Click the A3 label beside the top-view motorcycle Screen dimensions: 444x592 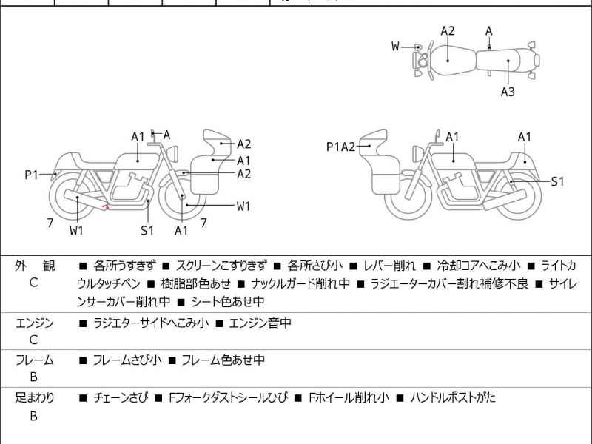coord(508,92)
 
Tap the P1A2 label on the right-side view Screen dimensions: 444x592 coord(341,147)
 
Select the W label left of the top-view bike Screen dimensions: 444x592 coord(396,47)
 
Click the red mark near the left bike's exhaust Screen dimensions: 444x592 coord(107,207)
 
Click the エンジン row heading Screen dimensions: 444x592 coord(34,323)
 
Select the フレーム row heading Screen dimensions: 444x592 coord(34,360)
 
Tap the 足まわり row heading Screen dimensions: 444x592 coord(34,397)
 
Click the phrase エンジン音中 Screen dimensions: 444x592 coord(260,323)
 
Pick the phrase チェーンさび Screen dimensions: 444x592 coord(120,397)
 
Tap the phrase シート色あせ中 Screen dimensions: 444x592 coord(227,301)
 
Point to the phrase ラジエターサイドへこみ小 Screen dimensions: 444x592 coord(150,323)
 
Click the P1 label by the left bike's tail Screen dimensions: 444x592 coord(31,175)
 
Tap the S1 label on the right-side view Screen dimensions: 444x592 coord(557,181)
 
